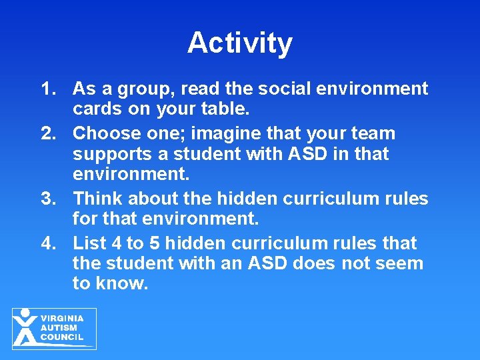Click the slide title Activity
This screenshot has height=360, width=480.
pos(240,43)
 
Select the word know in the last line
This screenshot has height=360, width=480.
pos(122,283)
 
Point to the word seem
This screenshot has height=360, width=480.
pos(397,263)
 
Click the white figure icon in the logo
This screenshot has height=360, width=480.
pos(25,327)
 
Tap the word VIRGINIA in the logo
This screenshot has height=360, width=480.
pos(62,319)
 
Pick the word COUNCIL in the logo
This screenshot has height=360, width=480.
pos(62,337)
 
